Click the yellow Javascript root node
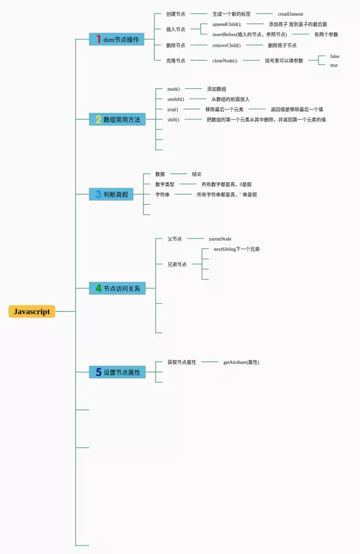(x=31, y=312)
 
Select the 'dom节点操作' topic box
(x=116, y=39)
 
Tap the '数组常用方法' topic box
(x=117, y=119)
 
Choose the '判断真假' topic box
(x=111, y=195)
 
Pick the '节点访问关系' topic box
(x=117, y=289)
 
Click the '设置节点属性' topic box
(x=117, y=372)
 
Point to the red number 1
(x=98, y=39)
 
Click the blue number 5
(x=98, y=372)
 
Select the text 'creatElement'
(x=290, y=14)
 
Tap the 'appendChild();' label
(x=226, y=24)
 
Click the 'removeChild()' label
(x=226, y=46)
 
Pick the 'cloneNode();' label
(x=225, y=61)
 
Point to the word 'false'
(x=335, y=56)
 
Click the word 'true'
(x=334, y=65)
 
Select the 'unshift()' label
(x=175, y=99)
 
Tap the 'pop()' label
(x=173, y=109)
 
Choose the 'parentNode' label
(x=220, y=239)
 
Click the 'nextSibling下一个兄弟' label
(x=236, y=249)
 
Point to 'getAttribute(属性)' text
(x=241, y=362)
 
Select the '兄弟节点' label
(x=177, y=264)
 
